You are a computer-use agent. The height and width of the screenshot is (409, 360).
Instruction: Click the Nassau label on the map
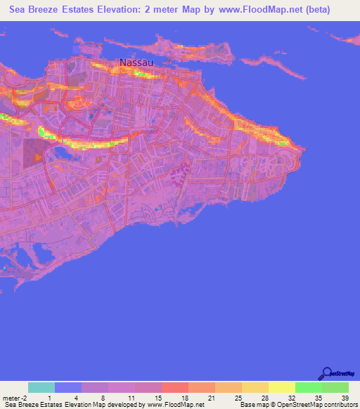click(x=136, y=63)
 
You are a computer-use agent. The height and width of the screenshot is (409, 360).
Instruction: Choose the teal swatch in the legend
click(x=41, y=387)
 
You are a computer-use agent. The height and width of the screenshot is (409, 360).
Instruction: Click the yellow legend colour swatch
click(x=281, y=387)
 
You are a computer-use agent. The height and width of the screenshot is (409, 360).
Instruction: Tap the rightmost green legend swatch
click(x=335, y=387)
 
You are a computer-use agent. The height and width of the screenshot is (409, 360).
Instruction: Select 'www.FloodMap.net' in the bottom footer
click(x=175, y=405)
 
